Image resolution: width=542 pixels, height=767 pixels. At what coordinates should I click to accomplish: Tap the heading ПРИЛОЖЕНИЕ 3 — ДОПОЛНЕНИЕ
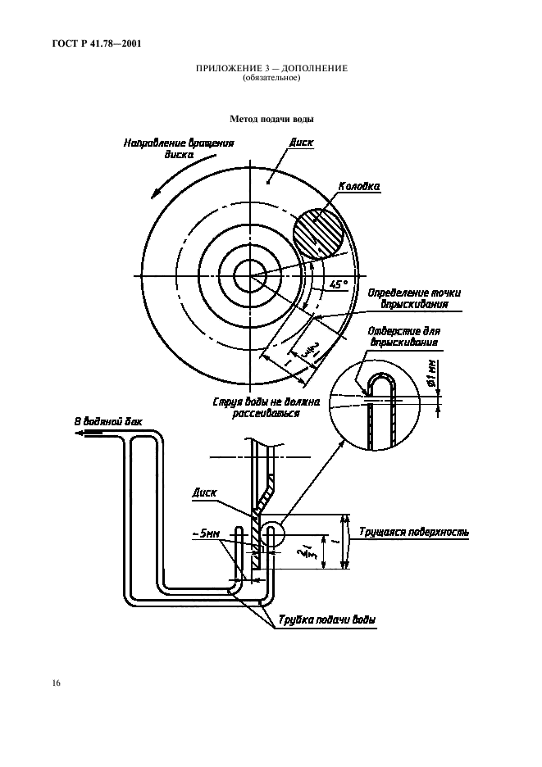pos(271,70)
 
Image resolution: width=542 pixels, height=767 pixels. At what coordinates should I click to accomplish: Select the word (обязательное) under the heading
pos(271,79)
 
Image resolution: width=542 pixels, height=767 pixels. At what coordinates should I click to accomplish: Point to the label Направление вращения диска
pos(179,148)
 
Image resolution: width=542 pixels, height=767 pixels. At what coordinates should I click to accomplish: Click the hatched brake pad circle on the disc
pos(319,234)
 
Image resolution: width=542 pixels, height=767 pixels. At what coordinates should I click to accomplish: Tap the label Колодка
pos(359,187)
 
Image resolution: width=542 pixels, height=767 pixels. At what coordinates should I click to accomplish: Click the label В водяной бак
pos(107,423)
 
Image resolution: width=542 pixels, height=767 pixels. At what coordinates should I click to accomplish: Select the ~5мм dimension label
pos(207,533)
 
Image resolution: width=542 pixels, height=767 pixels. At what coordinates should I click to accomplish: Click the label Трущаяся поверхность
pos(414,532)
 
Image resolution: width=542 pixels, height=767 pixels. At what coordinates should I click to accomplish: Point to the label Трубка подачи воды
pos(326,620)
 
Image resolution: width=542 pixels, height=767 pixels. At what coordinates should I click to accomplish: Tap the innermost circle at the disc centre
pos(246,277)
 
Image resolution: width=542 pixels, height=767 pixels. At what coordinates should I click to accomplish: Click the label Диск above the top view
pos(302,143)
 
